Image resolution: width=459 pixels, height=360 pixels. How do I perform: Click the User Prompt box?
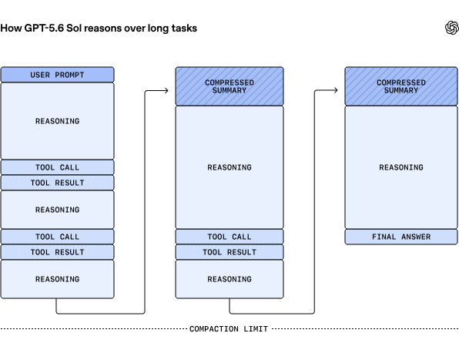(x=57, y=75)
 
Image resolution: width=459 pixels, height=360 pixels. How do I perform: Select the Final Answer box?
(x=401, y=237)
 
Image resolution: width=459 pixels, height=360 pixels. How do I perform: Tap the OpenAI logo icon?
(x=451, y=28)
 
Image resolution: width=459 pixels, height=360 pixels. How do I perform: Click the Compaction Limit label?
(x=229, y=329)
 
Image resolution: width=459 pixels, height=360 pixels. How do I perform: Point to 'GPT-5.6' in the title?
(x=44, y=28)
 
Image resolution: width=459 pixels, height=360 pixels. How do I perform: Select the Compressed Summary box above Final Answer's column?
(x=401, y=86)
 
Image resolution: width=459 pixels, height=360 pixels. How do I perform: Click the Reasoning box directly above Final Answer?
(x=401, y=167)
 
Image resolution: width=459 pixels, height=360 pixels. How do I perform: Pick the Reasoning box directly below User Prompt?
(x=57, y=121)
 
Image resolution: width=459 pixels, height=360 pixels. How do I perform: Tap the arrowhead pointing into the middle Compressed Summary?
(x=167, y=90)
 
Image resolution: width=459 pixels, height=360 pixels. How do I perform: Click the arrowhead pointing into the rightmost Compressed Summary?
(x=336, y=90)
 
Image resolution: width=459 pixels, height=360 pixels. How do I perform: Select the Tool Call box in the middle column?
(x=229, y=237)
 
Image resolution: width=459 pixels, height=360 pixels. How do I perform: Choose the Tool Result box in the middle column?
(x=229, y=252)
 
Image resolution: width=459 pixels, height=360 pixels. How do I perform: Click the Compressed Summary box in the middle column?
(x=229, y=86)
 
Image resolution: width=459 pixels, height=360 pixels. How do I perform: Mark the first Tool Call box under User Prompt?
(x=57, y=167)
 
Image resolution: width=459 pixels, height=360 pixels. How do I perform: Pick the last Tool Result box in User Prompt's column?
(x=57, y=252)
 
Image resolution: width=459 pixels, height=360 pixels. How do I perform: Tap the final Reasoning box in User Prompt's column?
(x=57, y=279)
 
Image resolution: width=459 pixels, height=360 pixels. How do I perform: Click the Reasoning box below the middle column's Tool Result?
(x=229, y=279)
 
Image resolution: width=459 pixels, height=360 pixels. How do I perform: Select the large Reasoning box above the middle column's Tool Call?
(x=229, y=167)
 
